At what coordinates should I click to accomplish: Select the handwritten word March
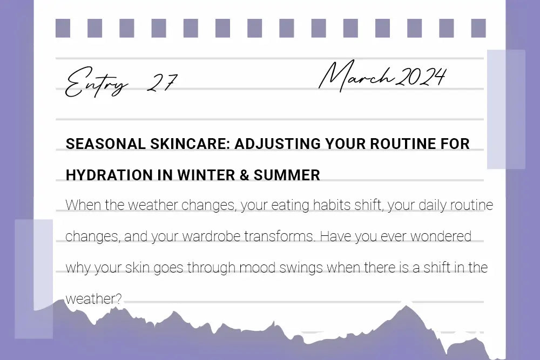coord(356,77)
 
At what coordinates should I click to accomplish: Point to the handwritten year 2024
coord(421,77)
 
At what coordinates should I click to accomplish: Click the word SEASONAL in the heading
coord(100,144)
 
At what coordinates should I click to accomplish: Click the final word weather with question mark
coord(93,299)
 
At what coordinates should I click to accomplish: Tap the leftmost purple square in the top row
coord(63,29)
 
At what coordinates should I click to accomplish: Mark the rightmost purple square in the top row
coord(478,29)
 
